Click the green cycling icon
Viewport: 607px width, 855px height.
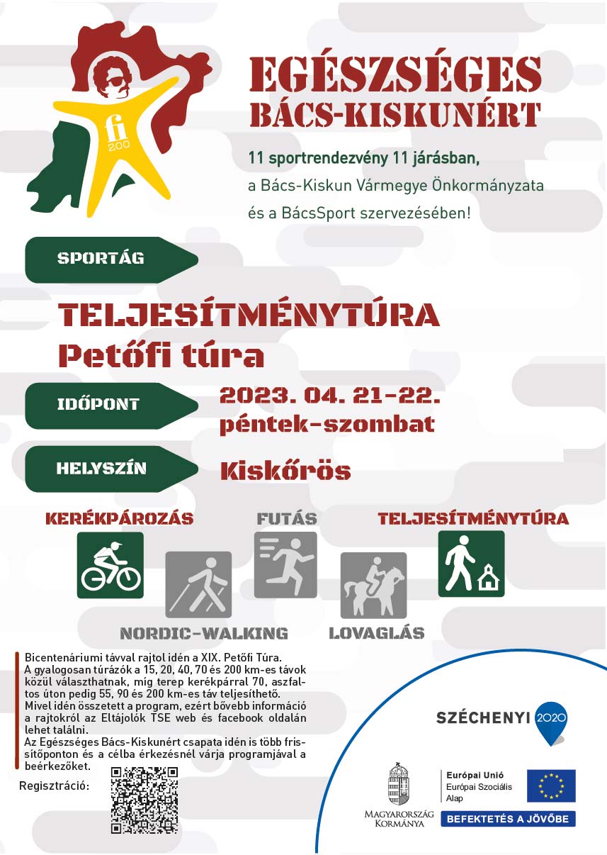pyautogui.click(x=110, y=565)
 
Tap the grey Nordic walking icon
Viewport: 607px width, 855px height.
pyautogui.click(x=198, y=584)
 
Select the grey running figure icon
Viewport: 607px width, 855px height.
pyautogui.click(x=285, y=564)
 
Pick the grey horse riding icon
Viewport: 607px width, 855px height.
pyautogui.click(x=373, y=585)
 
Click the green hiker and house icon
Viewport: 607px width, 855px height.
pyautogui.click(x=471, y=563)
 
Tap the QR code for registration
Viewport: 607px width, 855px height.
pyautogui.click(x=144, y=799)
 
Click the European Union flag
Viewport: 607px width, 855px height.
pyautogui.click(x=550, y=786)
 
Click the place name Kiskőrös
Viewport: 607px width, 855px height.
pyautogui.click(x=285, y=471)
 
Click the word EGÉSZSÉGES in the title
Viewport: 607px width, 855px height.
pyautogui.click(x=395, y=73)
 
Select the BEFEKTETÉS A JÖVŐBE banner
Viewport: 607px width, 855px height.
pyautogui.click(x=508, y=819)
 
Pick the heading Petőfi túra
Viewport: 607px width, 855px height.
pyautogui.click(x=161, y=354)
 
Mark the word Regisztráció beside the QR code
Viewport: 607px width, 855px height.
pyautogui.click(x=54, y=786)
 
